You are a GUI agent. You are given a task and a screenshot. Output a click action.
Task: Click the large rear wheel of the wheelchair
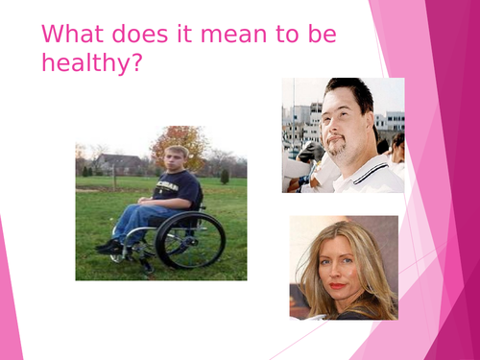click(x=190, y=240)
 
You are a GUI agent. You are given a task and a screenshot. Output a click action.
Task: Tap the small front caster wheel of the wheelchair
click(x=117, y=255)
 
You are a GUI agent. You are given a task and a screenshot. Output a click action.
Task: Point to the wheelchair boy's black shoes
click(x=108, y=247)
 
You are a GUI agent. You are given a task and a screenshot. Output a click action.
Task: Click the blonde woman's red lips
click(x=337, y=286)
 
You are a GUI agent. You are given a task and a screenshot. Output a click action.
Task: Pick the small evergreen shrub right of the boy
click(x=225, y=176)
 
